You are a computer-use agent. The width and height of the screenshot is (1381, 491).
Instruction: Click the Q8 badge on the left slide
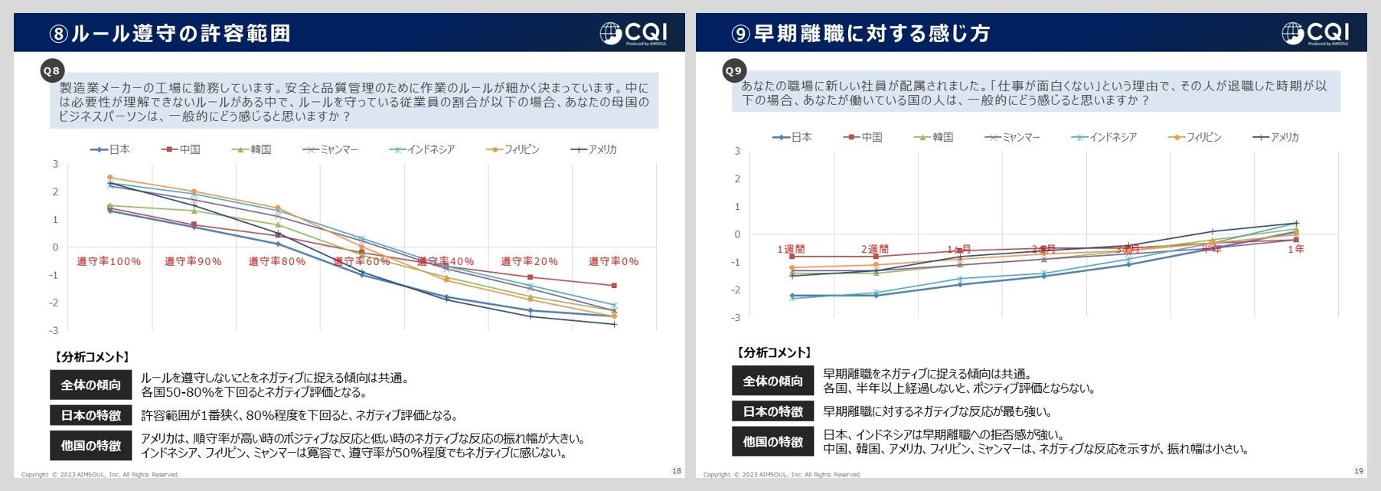[51, 71]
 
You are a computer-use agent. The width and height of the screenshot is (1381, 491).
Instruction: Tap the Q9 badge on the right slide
[733, 71]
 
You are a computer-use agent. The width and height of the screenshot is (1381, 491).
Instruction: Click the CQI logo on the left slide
[633, 33]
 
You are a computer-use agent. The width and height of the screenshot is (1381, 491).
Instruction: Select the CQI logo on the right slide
[1315, 33]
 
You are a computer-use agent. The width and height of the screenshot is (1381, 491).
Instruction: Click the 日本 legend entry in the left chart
[111, 149]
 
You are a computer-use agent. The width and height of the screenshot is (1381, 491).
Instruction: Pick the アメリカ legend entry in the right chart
[1276, 137]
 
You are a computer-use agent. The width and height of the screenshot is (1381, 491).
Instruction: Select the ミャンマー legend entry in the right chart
[1013, 137]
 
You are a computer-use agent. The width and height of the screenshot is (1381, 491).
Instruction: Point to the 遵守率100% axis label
[109, 262]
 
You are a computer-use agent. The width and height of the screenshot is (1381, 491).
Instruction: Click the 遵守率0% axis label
[613, 262]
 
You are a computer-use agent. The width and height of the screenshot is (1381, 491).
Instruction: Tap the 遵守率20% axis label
[529, 262]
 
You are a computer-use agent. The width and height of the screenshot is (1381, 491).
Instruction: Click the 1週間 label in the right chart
[791, 249]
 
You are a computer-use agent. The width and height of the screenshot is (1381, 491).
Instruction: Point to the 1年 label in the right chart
[1295, 249]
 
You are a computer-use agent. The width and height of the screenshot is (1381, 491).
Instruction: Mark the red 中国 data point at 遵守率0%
[614, 286]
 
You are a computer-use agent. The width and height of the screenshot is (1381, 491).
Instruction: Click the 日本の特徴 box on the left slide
[91, 415]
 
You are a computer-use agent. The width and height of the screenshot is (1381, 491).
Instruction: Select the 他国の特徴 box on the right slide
[773, 442]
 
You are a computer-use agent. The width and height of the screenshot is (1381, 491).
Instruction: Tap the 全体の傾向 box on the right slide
[773, 381]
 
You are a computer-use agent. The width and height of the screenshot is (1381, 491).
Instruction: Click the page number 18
[676, 471]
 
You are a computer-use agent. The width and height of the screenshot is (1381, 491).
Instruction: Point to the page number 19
[1358, 471]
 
